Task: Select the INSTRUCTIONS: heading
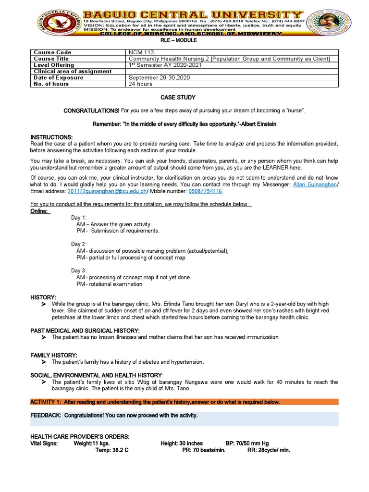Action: (x=51, y=137)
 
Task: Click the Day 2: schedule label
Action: (x=79, y=244)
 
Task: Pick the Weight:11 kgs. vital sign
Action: (x=91, y=443)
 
